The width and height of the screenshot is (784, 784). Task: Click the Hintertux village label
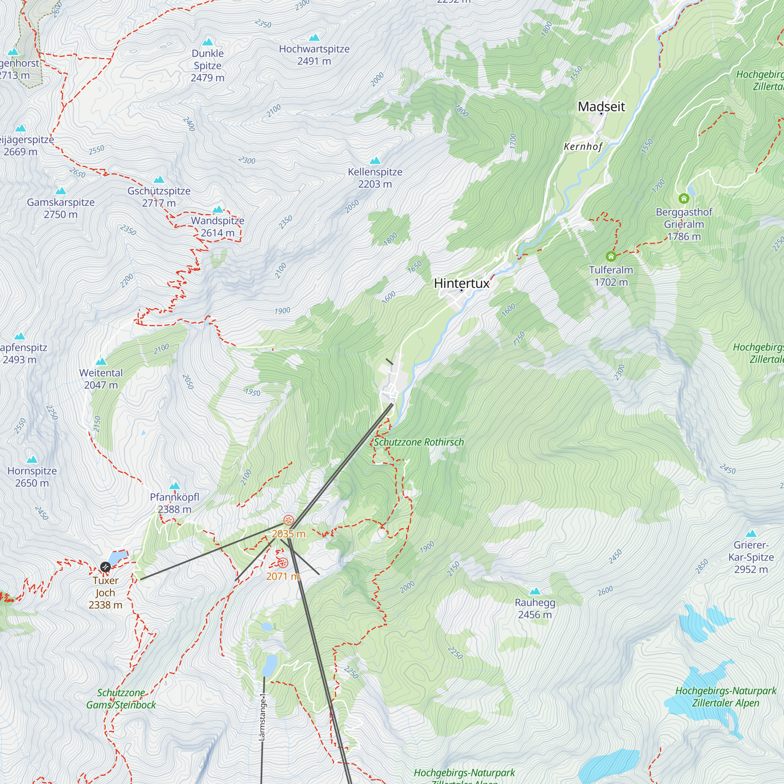click(x=461, y=283)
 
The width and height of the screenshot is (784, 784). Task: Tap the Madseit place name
click(x=601, y=106)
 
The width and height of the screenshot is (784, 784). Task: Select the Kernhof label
click(x=583, y=147)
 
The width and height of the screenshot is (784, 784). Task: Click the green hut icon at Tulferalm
click(x=611, y=256)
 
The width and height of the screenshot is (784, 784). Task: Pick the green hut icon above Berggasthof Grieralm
click(x=684, y=198)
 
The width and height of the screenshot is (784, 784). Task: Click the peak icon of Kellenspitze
click(x=375, y=161)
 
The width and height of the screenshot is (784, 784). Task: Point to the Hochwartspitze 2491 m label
click(x=314, y=55)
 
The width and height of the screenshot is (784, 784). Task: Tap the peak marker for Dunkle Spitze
click(x=208, y=42)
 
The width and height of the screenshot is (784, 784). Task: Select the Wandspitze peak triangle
click(x=218, y=210)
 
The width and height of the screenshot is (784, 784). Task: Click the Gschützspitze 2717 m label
click(x=159, y=197)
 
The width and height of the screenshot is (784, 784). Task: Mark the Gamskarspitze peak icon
click(x=60, y=191)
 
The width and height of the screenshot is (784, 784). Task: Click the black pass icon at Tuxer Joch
click(x=105, y=567)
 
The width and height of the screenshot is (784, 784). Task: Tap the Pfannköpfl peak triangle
click(x=174, y=486)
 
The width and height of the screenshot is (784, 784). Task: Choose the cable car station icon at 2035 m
click(x=288, y=520)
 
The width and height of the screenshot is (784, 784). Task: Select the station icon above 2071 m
click(x=283, y=563)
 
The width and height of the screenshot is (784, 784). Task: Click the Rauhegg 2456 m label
click(x=535, y=608)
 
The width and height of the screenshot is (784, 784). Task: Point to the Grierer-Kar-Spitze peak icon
click(x=751, y=534)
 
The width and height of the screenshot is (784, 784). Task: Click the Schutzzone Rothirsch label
click(x=419, y=442)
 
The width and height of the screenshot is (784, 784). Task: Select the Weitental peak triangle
click(x=101, y=361)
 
